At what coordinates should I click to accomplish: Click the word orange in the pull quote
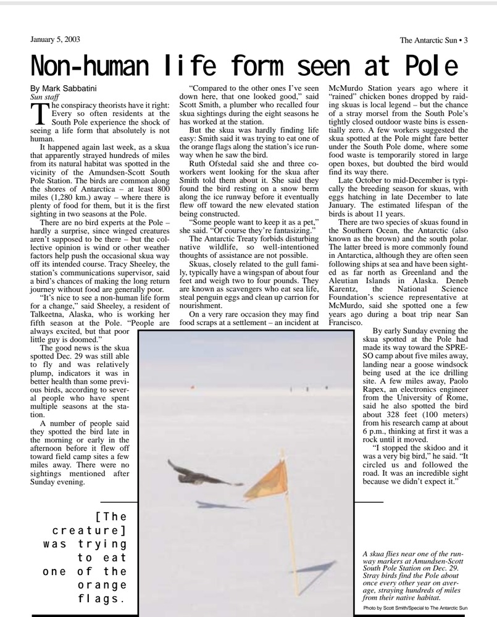(x=102, y=585)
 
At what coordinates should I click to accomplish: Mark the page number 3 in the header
(x=466, y=41)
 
